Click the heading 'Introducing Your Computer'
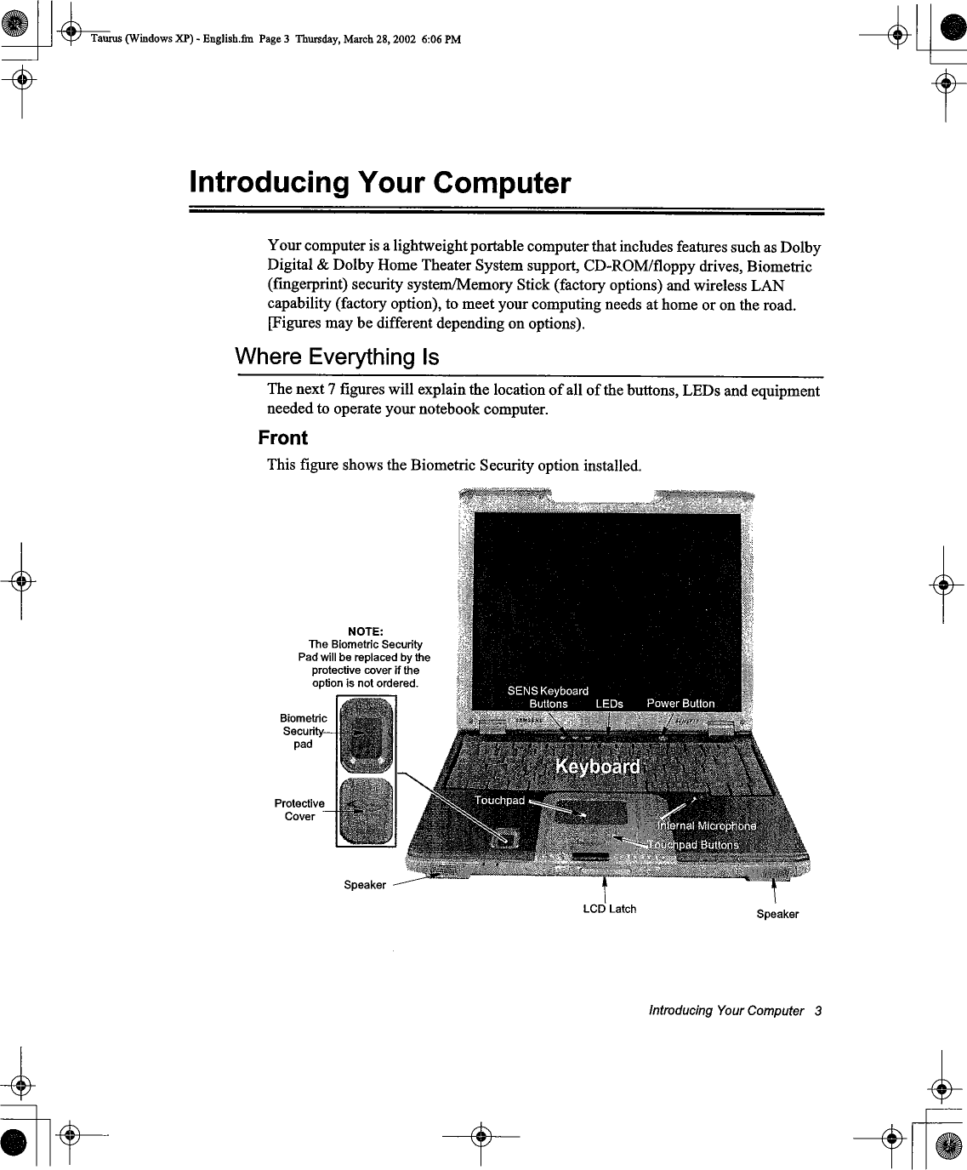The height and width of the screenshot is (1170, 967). (379, 183)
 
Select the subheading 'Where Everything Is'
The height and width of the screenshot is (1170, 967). (337, 357)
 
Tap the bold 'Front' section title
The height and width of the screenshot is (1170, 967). (282, 438)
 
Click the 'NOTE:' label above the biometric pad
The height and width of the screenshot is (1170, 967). (365, 631)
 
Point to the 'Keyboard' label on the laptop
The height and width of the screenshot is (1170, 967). (597, 767)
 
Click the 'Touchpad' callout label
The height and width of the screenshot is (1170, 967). (499, 800)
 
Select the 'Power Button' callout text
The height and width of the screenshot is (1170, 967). (680, 703)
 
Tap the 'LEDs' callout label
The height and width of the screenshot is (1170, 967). (609, 704)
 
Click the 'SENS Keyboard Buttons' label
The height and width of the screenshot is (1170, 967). (548, 697)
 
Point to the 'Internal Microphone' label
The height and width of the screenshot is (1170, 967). (707, 826)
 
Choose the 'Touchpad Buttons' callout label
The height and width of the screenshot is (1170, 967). (696, 844)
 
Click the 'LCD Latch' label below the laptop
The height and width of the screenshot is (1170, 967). (609, 909)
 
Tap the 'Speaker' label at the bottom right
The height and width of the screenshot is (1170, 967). (777, 914)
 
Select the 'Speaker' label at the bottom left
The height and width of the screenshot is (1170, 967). (365, 885)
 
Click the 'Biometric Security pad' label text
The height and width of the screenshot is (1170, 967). (304, 731)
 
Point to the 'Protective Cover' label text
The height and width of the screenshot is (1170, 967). (299, 809)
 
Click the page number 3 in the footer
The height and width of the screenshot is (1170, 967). (817, 1011)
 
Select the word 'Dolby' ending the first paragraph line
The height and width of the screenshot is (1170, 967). (800, 248)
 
